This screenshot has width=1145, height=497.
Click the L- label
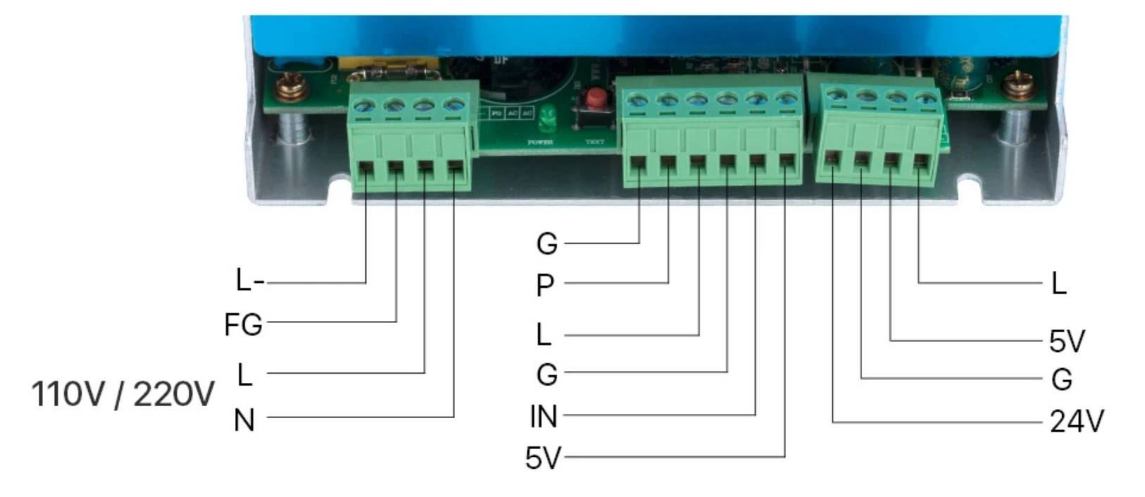click(x=249, y=281)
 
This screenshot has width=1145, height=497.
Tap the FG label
click(x=243, y=325)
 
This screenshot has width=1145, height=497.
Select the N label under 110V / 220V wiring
click(x=244, y=420)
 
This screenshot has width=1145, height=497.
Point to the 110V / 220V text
click(x=123, y=394)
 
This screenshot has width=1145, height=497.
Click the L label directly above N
click(x=244, y=375)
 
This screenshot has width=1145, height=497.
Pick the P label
click(x=545, y=286)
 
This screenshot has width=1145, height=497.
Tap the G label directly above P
click(x=547, y=244)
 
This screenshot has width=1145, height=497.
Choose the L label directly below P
click(x=544, y=334)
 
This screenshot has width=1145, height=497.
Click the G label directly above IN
click(x=547, y=375)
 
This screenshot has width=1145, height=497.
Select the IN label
click(x=543, y=417)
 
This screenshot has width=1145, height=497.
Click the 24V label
click(x=1077, y=422)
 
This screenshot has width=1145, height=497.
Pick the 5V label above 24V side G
click(x=1067, y=341)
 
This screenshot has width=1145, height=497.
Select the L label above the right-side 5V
click(x=1058, y=284)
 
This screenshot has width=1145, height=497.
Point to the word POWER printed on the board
click(x=540, y=142)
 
